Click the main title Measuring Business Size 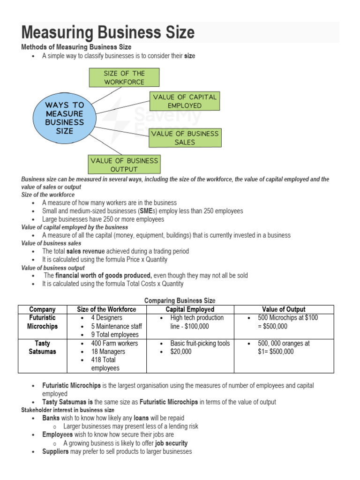(x=108, y=32)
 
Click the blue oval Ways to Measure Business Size (x=64, y=118)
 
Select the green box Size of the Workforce (x=124, y=77)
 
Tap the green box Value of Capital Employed (x=184, y=101)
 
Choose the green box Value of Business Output (x=124, y=165)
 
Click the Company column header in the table (x=42, y=309)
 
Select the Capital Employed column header (x=190, y=309)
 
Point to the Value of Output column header (x=284, y=309)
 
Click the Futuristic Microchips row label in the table (x=42, y=322)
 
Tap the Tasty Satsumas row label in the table (x=42, y=347)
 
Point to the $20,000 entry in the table (x=181, y=352)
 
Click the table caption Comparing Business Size (x=180, y=300)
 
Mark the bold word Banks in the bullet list (x=51, y=418)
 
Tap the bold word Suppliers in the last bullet (x=55, y=451)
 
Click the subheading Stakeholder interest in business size (x=67, y=410)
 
